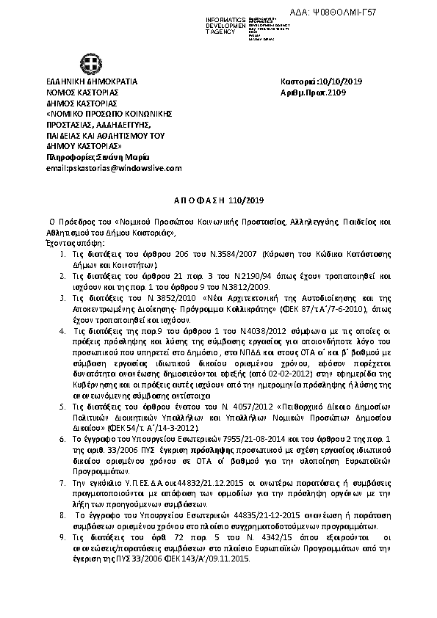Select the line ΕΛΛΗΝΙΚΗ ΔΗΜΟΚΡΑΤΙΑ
[91, 81]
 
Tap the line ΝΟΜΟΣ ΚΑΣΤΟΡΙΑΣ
[82, 92]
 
